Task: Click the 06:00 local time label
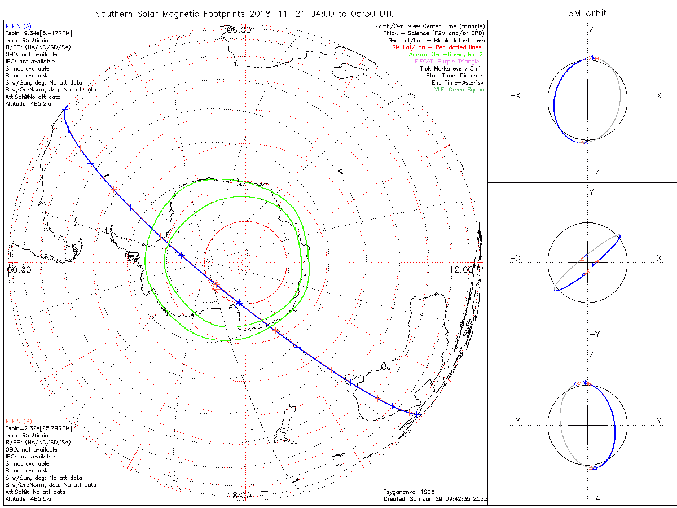click(239, 30)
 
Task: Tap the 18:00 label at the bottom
click(239, 496)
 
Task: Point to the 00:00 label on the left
click(19, 270)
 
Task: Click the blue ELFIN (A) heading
click(19, 26)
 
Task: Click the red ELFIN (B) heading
click(19, 421)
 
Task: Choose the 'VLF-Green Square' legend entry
click(460, 90)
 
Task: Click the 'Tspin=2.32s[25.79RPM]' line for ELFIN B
click(39, 428)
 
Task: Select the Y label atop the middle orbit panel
click(592, 192)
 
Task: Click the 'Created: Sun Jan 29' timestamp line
click(434, 499)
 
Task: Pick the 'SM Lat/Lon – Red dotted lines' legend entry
click(437, 47)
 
